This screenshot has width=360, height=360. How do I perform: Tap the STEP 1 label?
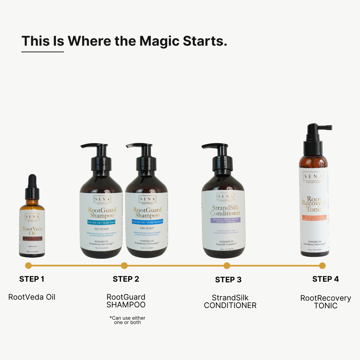coord(32,279)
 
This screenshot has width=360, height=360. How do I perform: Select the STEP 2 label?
coord(126,279)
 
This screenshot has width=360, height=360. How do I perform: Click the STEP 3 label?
coord(228,280)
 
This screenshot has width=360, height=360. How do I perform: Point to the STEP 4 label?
coord(326,279)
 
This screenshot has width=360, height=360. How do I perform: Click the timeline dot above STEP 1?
coord(28,266)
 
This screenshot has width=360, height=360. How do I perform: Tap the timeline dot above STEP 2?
coord(124,266)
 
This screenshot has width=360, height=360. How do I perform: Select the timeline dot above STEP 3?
coord(227,266)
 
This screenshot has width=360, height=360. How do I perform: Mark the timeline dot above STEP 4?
coord(322,266)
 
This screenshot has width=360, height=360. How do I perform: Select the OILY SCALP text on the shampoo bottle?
coord(101,229)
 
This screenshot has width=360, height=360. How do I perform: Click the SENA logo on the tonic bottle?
coord(313,176)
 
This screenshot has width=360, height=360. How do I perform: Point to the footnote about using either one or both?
coord(127,320)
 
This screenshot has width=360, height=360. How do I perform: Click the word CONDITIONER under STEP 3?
coord(230,305)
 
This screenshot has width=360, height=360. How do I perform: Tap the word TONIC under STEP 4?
coord(326,306)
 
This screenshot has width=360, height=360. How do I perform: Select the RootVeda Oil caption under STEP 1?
coord(32,297)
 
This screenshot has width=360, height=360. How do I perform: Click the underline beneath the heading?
coord(43,52)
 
